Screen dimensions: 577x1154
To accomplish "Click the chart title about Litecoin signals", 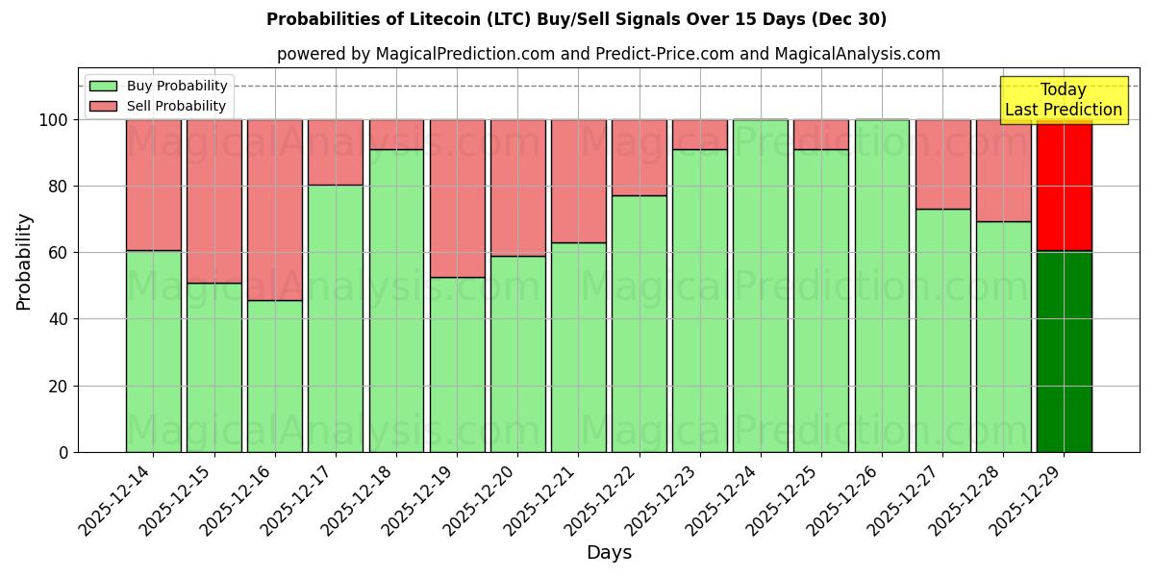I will click(x=576, y=19).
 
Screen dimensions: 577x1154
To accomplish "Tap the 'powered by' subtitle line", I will click(x=608, y=54).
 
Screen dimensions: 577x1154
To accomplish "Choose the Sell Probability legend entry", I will click(x=159, y=106).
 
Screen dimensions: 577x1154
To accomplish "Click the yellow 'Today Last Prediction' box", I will click(x=1063, y=100).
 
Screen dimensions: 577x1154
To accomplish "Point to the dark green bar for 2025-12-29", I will click(x=1064, y=351).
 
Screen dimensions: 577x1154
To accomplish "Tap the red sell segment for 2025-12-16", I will click(x=275, y=210).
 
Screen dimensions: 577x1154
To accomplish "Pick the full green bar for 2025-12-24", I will click(x=761, y=286).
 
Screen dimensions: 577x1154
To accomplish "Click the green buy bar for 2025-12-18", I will click(x=396, y=300).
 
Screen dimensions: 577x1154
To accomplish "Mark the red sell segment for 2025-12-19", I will click(x=457, y=198).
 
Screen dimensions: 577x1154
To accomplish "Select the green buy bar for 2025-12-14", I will click(x=154, y=351).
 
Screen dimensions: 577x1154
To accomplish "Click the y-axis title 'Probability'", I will click(x=24, y=261).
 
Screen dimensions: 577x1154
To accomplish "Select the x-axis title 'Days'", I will click(x=608, y=553).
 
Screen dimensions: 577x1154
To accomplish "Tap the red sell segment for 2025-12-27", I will click(x=942, y=164).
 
